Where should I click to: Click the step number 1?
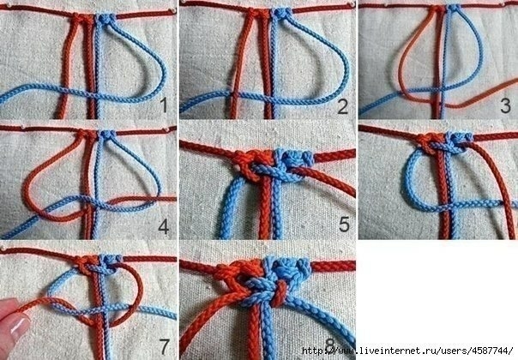(x=164, y=105)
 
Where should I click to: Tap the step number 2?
(x=343, y=106)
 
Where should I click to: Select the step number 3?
(x=505, y=105)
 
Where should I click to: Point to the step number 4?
(x=164, y=226)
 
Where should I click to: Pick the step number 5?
(x=344, y=224)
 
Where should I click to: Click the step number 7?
(x=164, y=347)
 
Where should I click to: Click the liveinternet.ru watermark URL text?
(x=407, y=351)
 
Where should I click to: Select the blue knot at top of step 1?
(x=106, y=19)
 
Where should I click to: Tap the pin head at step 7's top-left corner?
(x=3, y=247)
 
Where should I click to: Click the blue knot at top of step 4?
(x=108, y=135)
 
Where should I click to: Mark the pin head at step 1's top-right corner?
(x=172, y=10)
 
